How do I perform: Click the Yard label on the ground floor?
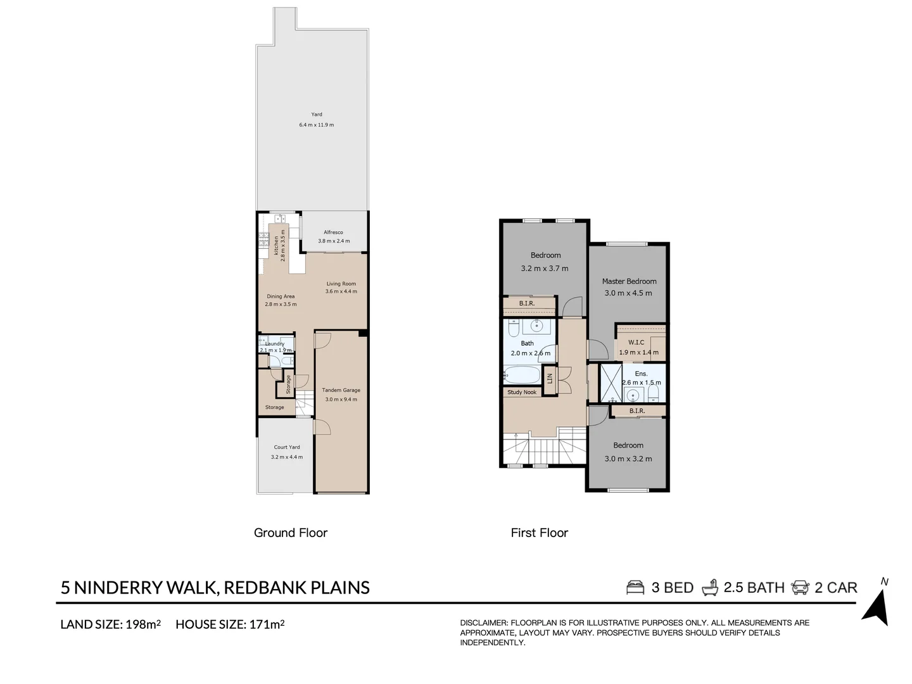(x=317, y=115)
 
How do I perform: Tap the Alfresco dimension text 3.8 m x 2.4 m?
(x=334, y=241)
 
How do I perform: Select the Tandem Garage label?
(x=341, y=390)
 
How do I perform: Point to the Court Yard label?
(x=287, y=447)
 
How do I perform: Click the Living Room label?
(x=341, y=284)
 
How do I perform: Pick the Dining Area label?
(x=281, y=296)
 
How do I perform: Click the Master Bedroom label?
(x=629, y=281)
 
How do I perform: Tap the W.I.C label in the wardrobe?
(x=636, y=343)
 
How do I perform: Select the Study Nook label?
(x=522, y=393)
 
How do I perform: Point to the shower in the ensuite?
(x=611, y=383)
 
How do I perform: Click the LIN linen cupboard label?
(x=550, y=377)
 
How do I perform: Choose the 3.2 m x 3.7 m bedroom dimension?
(x=545, y=269)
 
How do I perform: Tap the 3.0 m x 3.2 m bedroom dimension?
(x=628, y=459)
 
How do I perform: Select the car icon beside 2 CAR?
(x=800, y=588)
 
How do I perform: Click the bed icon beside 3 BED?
(x=635, y=588)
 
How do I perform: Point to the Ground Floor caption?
(x=291, y=533)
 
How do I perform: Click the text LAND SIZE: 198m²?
(x=110, y=624)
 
